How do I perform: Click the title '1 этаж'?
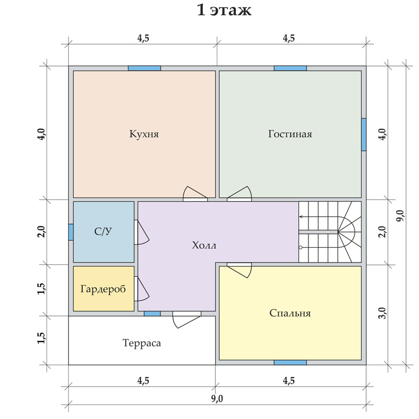pyautogui.click(x=224, y=10)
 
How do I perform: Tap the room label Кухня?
pyautogui.click(x=144, y=134)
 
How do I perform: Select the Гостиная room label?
pyautogui.click(x=290, y=134)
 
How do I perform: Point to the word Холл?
pyautogui.click(x=204, y=245)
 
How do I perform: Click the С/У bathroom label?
pyautogui.click(x=103, y=231)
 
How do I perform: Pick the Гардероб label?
pyautogui.click(x=103, y=289)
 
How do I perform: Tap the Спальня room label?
pyautogui.click(x=290, y=313)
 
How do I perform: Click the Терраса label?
pyautogui.click(x=141, y=343)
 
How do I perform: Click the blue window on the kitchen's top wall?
pyautogui.click(x=145, y=68)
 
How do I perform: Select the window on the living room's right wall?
pyautogui.click(x=363, y=135)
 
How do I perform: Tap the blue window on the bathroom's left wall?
pyautogui.click(x=71, y=232)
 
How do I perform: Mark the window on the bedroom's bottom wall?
pyautogui.click(x=290, y=362)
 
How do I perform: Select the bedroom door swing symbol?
pyautogui.click(x=239, y=270)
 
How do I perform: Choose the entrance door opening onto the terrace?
pyautogui.click(x=186, y=319)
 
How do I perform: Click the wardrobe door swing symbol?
pyautogui.click(x=141, y=289)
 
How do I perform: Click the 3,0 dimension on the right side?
pyautogui.click(x=383, y=313)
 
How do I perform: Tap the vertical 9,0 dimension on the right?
pyautogui.click(x=400, y=215)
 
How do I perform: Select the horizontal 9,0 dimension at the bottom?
pyautogui.click(x=217, y=399)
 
